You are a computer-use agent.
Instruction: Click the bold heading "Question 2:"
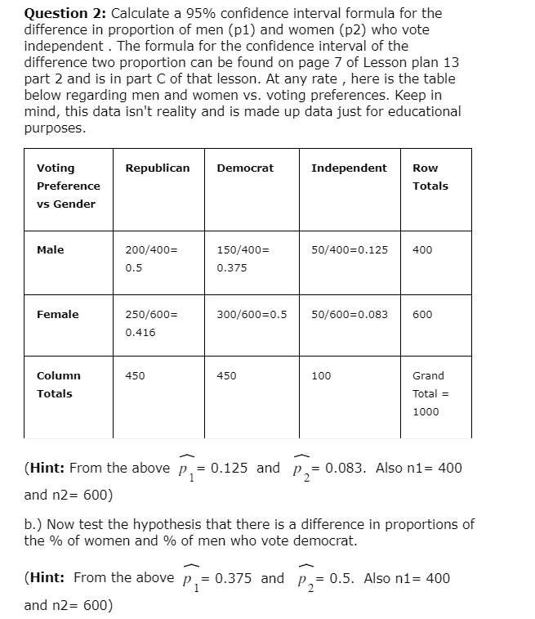coord(65,14)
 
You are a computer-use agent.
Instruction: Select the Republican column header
coord(157,168)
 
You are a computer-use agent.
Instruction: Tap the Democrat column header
coord(245,168)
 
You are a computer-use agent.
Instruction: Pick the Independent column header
coord(349,168)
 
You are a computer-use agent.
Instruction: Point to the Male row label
coord(51,250)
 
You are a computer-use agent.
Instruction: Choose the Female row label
coord(58,315)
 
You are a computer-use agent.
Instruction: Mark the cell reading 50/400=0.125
coord(350,250)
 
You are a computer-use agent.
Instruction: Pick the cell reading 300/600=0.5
coord(252,315)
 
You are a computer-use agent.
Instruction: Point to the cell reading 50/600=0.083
coord(350,315)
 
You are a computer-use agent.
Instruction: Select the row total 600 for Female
coord(422,315)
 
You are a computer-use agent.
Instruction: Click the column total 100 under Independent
coord(322,376)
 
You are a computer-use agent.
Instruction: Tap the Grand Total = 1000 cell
coord(430,393)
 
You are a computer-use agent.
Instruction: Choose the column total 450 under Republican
coord(135,376)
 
